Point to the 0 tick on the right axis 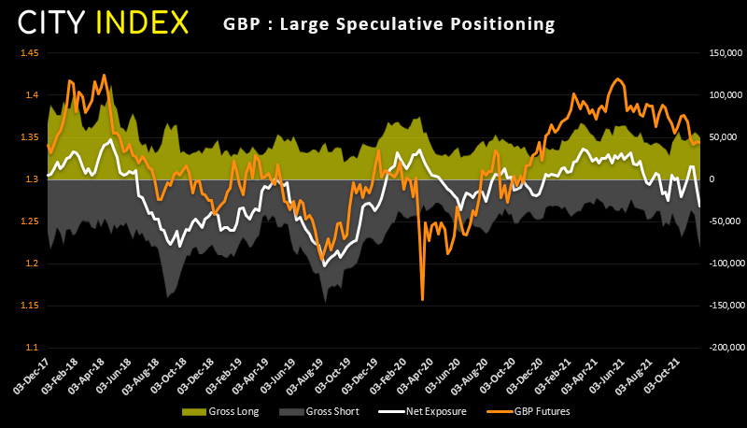click(710, 179)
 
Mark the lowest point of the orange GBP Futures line click(422, 299)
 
